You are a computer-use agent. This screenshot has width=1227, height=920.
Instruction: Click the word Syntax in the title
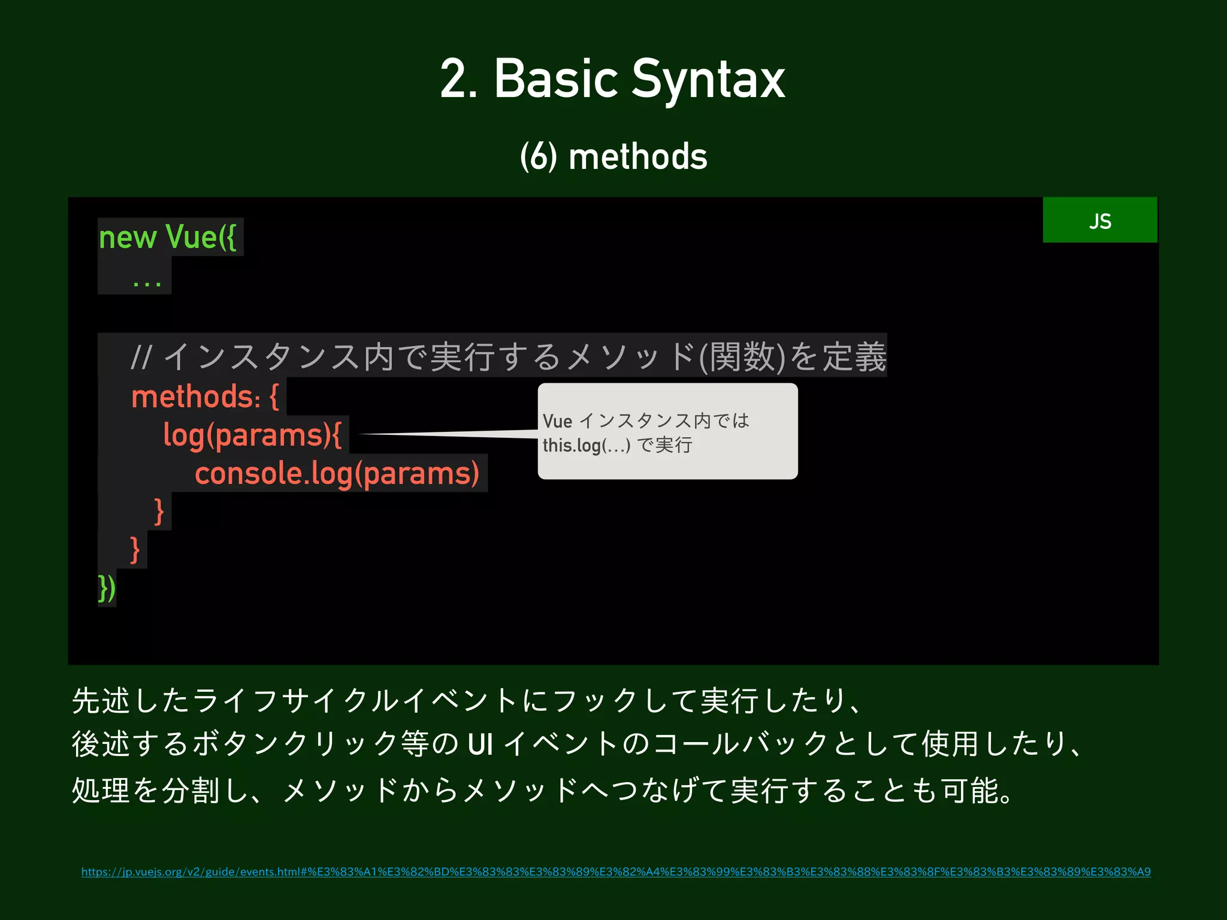708,80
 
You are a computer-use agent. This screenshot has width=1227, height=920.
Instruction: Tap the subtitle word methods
637,157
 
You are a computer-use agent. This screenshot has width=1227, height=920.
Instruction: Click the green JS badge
1099,220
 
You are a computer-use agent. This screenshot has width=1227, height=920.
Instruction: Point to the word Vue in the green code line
191,237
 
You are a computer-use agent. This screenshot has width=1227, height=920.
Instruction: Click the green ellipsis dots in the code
147,283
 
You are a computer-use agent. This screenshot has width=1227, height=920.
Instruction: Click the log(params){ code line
252,435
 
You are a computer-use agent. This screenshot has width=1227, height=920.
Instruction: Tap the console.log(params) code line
337,473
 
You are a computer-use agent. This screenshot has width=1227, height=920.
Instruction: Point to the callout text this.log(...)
586,446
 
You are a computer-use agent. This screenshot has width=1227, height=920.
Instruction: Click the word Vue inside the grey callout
557,421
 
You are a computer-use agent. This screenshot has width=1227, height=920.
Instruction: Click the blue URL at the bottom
616,871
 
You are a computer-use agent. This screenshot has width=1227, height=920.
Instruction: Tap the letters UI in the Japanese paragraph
480,745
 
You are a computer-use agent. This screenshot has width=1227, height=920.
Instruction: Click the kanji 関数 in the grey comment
742,357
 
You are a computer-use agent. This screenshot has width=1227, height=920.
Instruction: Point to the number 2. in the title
458,80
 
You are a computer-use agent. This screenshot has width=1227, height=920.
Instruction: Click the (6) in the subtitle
538,157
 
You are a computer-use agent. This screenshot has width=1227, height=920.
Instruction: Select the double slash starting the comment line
141,357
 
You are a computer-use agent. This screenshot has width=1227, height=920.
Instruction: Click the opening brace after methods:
274,397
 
